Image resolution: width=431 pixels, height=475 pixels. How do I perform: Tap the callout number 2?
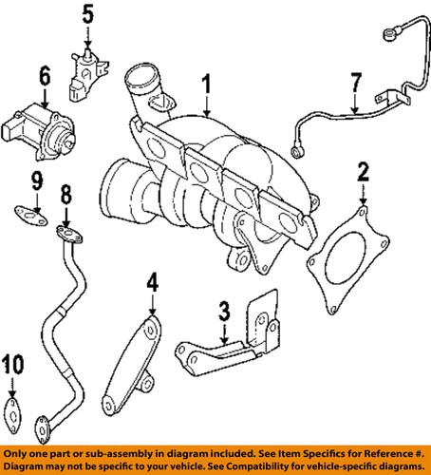(x=362, y=172)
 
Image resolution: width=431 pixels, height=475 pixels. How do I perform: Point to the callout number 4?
(x=151, y=283)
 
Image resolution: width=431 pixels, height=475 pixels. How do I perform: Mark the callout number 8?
(x=66, y=196)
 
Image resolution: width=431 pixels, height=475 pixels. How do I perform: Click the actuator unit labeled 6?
(x=38, y=128)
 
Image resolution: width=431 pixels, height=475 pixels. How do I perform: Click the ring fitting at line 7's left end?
(x=300, y=149)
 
